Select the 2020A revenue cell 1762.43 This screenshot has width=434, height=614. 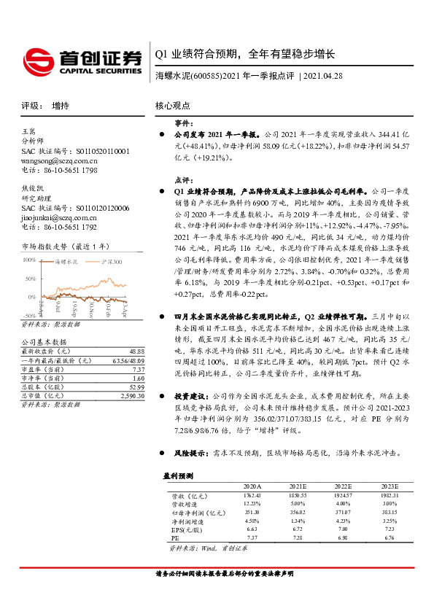click(252, 495)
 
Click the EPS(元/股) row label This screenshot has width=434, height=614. click(183, 529)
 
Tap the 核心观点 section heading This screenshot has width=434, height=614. click(174, 105)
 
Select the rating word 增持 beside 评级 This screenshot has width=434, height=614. click(61, 105)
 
